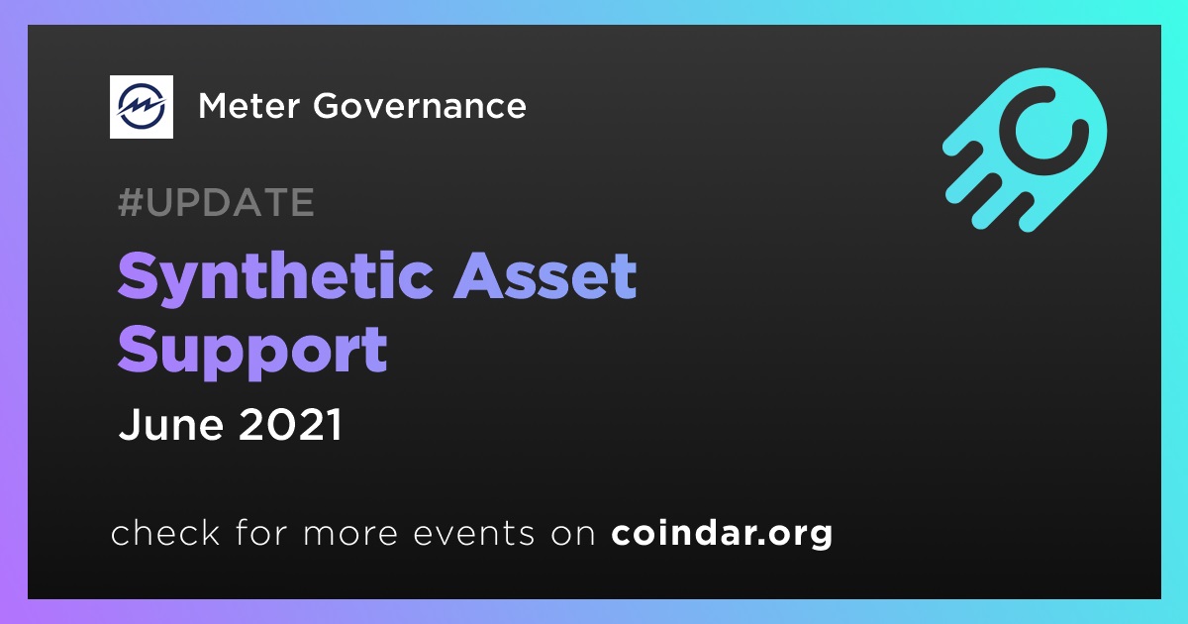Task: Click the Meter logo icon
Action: point(141,107)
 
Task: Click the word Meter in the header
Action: point(249,106)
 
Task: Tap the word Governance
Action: point(420,106)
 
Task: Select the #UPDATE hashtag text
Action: point(217,202)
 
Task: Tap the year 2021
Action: point(291,424)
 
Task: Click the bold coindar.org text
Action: point(722,533)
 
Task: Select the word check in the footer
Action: point(165,532)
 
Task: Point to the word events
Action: point(473,533)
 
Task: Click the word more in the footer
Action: point(350,534)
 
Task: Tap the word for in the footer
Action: point(261,532)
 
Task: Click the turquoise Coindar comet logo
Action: point(1026,150)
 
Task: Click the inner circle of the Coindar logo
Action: point(1044,130)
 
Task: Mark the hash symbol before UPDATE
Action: point(130,202)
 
